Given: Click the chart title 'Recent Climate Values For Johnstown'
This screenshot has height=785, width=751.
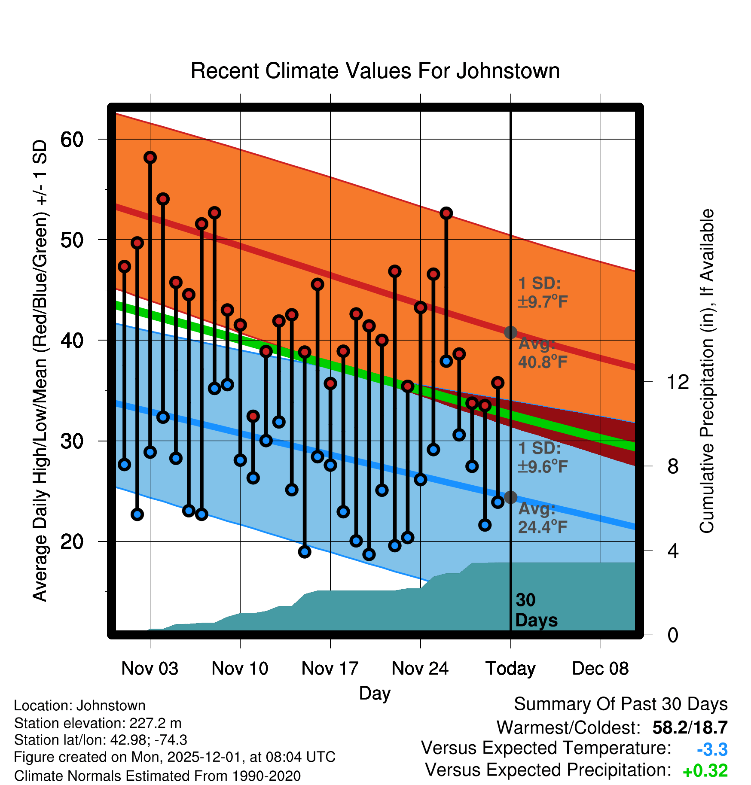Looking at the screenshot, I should pos(375,71).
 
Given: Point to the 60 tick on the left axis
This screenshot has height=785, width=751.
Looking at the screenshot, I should pos(72,139).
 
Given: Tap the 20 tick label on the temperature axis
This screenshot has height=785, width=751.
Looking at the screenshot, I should pos(72,542).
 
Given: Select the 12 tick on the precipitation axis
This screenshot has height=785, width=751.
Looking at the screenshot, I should pos(678,382).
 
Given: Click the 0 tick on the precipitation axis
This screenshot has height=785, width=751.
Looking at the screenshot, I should pos(673,635).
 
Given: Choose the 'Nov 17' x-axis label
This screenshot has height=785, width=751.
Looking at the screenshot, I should pos(330,669).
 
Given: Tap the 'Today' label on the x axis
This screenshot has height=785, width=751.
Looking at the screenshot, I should pos(510,669).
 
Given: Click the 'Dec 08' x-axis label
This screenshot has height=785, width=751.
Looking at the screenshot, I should pos(600,669).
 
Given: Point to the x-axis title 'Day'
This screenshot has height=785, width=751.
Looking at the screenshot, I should pos(375,693).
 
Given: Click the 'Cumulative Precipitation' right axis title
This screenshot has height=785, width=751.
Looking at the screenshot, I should pos(707,371).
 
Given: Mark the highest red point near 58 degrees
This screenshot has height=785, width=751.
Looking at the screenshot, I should pos(150,158).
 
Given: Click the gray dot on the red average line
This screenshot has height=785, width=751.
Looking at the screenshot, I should pos(510,332).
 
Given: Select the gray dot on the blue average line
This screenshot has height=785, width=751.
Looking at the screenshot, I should pos(510,497).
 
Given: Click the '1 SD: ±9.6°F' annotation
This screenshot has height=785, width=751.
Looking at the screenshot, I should pos(542,457).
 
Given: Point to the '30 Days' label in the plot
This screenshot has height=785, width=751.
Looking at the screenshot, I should pos(536,610).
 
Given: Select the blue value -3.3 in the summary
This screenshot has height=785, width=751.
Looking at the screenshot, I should pos(712,750).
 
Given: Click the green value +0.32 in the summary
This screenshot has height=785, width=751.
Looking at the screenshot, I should pos(705,771).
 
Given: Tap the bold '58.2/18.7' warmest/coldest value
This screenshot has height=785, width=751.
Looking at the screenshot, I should pos(690,727).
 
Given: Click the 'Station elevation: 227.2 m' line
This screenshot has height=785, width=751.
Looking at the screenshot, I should pos(98,723).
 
